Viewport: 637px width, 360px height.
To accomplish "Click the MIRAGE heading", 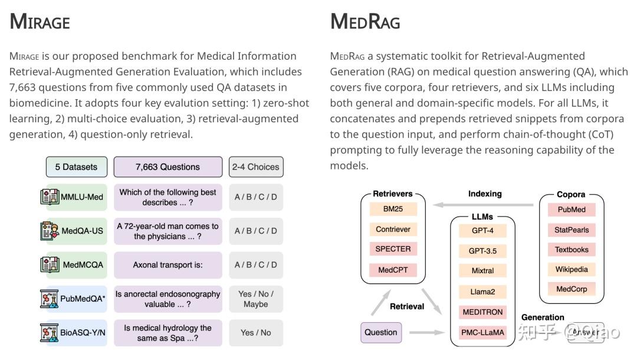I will [40, 22].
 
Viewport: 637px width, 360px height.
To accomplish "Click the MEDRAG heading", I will [365, 22].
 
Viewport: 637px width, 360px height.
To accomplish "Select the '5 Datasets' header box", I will [76, 167].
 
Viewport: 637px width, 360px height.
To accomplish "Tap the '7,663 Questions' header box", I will [168, 167].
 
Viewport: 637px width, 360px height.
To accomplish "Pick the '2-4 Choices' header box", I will [255, 167].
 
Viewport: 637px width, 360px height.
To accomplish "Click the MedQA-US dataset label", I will [82, 231].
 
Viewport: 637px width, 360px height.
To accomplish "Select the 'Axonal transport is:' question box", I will [168, 265].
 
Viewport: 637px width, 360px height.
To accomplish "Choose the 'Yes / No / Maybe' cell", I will [255, 299].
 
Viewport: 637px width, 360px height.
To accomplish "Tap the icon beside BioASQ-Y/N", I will [50, 333].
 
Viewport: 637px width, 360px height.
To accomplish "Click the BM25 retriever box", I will [393, 209].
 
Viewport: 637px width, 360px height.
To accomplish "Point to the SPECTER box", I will [393, 249].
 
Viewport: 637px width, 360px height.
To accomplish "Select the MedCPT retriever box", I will [393, 270].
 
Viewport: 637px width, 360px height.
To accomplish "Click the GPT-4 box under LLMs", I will [482, 230].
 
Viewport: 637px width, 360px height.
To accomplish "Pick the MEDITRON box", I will [482, 312].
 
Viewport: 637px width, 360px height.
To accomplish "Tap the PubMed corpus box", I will [571, 210].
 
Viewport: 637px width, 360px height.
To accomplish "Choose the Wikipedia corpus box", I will [571, 269].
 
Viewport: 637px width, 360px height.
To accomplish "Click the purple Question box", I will [380, 332].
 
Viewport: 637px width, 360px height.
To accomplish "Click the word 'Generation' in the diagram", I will [543, 318].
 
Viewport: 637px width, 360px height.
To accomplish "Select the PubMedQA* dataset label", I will [83, 299].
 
